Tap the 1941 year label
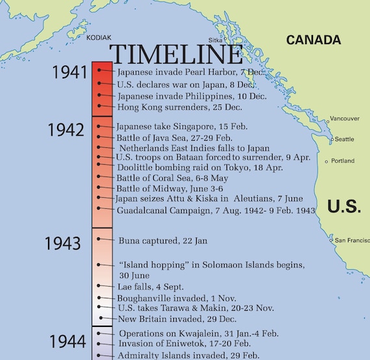70,72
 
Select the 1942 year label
66,130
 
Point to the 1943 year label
62,244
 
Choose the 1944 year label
68,341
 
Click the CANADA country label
314,40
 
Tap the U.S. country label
344,206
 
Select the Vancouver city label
345,119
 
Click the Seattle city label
344,139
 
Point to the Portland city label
343,161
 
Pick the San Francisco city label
352,241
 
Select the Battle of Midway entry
161,188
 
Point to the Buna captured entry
163,241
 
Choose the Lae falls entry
151,287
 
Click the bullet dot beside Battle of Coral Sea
99,178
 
